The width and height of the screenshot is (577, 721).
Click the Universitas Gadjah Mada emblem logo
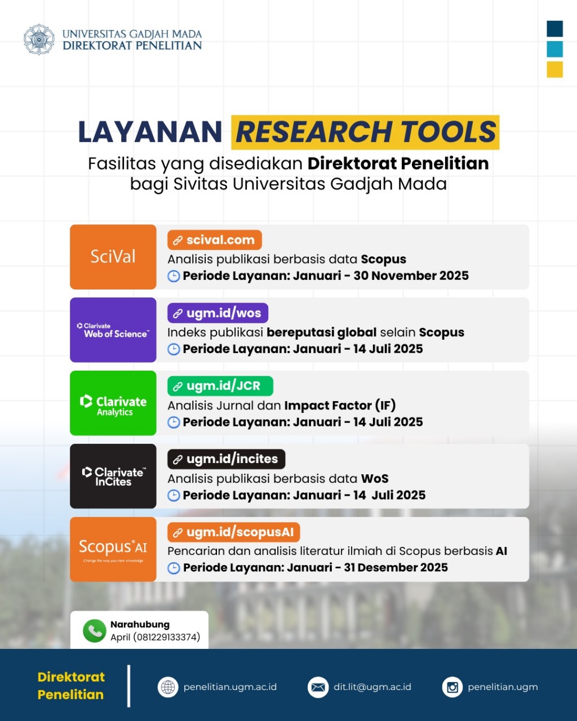click(39, 39)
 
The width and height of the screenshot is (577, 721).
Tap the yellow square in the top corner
click(554, 69)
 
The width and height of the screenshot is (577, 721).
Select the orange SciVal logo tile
click(113, 257)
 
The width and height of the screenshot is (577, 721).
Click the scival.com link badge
click(215, 240)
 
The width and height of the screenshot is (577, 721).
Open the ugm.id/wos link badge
click(218, 313)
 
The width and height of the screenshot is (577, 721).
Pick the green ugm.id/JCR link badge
click(220, 386)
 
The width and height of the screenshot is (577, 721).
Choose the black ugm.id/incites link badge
click(226, 459)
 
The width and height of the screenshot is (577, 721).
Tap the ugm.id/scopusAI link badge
click(234, 532)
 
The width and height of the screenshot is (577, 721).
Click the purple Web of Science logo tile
click(113, 330)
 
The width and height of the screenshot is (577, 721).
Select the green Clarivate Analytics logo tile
click(113, 403)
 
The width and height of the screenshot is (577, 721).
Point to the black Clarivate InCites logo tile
click(113, 477)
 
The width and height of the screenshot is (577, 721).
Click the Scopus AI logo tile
click(113, 549)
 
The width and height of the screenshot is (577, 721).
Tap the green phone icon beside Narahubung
click(94, 631)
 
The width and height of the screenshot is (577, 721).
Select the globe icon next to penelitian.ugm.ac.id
click(168, 687)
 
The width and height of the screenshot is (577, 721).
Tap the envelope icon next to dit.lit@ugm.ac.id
click(318, 687)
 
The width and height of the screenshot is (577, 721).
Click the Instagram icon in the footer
click(452, 687)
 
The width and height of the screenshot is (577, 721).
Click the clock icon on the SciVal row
click(174, 276)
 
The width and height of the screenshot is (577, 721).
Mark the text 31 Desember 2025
click(396, 568)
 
